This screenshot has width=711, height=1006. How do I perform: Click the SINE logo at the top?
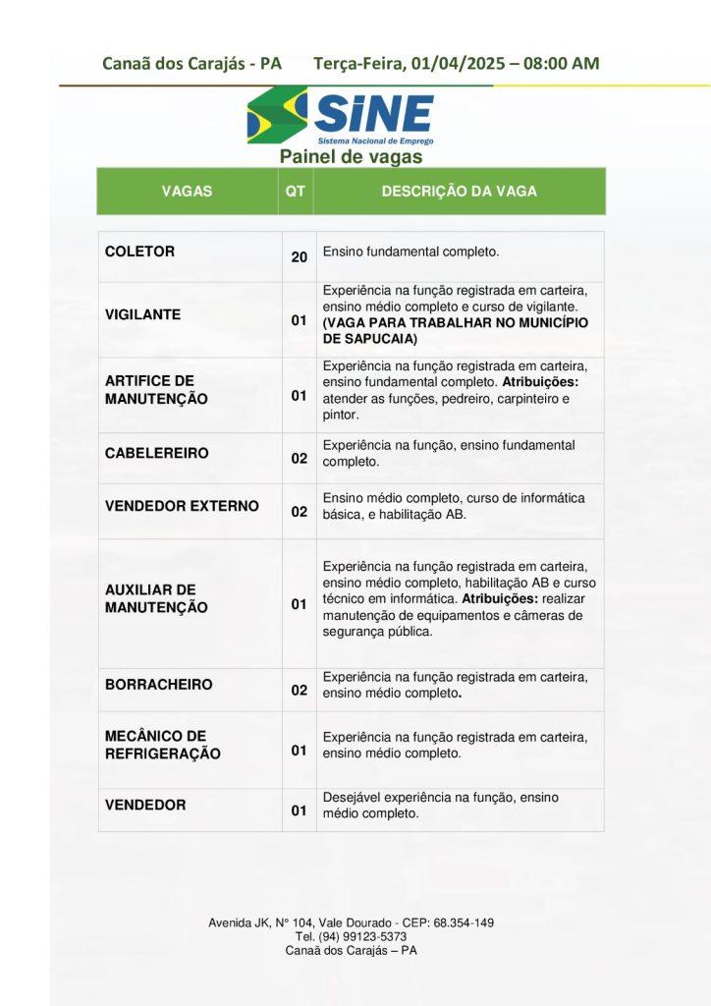[340, 116]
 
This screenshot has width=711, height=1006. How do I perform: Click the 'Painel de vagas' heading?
[351, 156]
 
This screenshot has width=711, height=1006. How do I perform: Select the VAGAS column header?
[187, 192]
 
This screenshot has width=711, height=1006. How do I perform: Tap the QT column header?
[295, 192]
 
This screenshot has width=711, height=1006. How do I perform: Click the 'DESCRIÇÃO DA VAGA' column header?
[459, 192]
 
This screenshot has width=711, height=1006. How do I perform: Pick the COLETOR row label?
[139, 251]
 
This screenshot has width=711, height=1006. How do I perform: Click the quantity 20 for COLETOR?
[300, 257]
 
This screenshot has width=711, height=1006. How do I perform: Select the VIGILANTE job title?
[142, 315]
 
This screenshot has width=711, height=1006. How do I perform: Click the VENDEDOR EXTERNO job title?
[182, 506]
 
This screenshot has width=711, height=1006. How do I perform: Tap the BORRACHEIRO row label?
[158, 684]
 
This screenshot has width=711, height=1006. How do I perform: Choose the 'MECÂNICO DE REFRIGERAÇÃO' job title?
[163, 745]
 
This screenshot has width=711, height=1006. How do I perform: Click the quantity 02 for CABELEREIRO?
[300, 459]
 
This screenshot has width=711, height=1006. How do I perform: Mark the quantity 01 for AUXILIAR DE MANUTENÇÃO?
[300, 604]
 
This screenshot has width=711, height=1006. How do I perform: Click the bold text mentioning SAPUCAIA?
[455, 330]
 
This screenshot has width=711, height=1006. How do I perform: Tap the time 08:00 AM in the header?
[561, 64]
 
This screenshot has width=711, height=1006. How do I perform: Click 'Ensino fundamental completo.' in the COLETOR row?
[410, 251]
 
